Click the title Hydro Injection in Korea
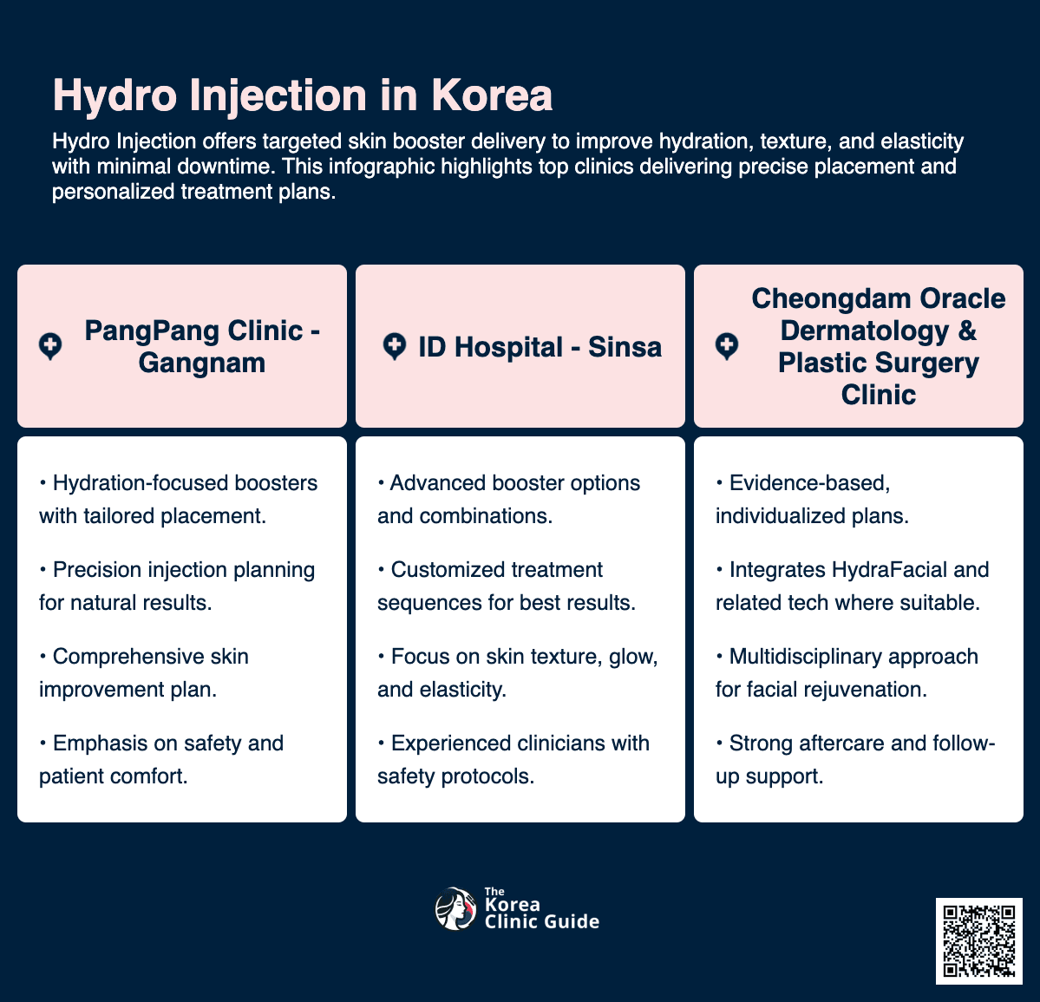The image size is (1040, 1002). click(x=302, y=95)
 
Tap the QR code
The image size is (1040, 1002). click(x=978, y=941)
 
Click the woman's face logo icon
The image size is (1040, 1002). click(x=455, y=909)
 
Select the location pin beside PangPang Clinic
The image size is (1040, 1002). click(x=50, y=347)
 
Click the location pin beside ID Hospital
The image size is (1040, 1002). click(x=394, y=347)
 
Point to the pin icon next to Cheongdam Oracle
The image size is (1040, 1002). click(x=727, y=347)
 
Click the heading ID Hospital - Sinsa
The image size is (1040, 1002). click(x=540, y=347)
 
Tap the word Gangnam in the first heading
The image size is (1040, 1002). click(x=201, y=363)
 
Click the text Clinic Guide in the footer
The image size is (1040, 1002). click(x=541, y=921)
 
